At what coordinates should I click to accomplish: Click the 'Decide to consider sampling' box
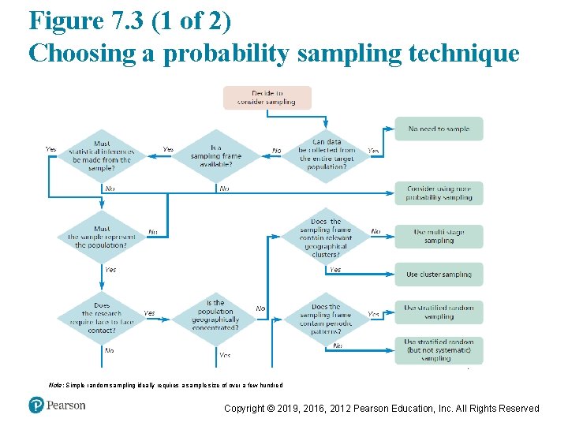pos(267,97)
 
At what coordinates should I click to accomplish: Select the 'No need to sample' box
pos(439,129)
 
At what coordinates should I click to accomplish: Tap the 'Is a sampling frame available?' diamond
pos(215,156)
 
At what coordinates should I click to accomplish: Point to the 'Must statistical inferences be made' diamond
pos(102,156)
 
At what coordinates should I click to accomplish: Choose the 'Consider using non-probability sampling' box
pos(439,192)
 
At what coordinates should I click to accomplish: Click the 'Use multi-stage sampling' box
pos(439,237)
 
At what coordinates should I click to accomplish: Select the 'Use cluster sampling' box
pos(439,275)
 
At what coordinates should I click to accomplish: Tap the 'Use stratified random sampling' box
pos(439,312)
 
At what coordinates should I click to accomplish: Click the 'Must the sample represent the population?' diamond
pos(102,237)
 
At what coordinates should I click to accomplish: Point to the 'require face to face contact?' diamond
pos(102,319)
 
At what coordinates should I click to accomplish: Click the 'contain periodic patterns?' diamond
pos(326,319)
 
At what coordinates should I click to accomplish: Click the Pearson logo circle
pos(36,405)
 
